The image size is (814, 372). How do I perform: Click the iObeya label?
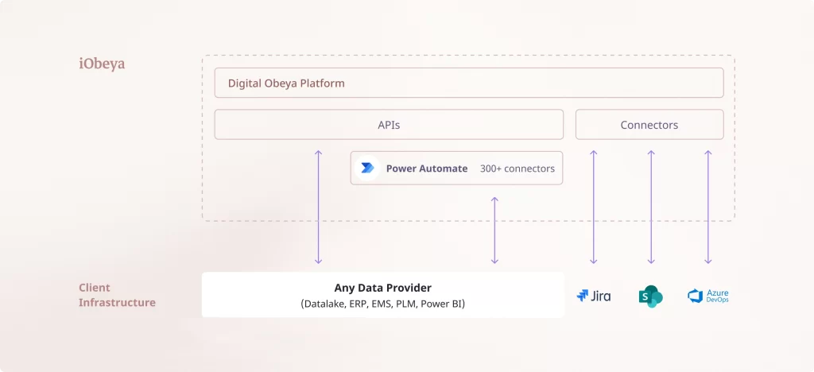(102, 64)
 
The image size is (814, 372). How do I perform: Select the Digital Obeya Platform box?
(468, 83)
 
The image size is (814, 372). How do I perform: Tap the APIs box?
(389, 125)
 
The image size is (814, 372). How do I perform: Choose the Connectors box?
(649, 125)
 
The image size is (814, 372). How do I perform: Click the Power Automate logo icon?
(367, 169)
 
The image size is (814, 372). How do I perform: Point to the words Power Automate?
(427, 169)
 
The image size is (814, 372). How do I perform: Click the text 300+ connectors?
(517, 169)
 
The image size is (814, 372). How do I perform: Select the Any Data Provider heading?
(383, 288)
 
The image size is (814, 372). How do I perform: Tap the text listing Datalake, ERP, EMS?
(383, 304)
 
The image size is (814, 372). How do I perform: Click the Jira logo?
(594, 296)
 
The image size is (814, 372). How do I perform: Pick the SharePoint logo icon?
(650, 296)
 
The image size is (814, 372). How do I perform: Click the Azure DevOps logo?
(708, 296)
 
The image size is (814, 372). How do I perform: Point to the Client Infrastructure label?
(117, 295)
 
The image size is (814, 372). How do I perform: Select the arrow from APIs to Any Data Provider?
(318, 207)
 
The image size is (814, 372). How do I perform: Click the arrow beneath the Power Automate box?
(494, 231)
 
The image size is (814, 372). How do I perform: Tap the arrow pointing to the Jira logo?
(593, 207)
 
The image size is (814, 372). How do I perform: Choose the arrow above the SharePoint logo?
(651, 207)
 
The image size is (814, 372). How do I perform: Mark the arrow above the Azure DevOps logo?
(708, 207)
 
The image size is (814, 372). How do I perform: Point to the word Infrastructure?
(117, 303)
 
